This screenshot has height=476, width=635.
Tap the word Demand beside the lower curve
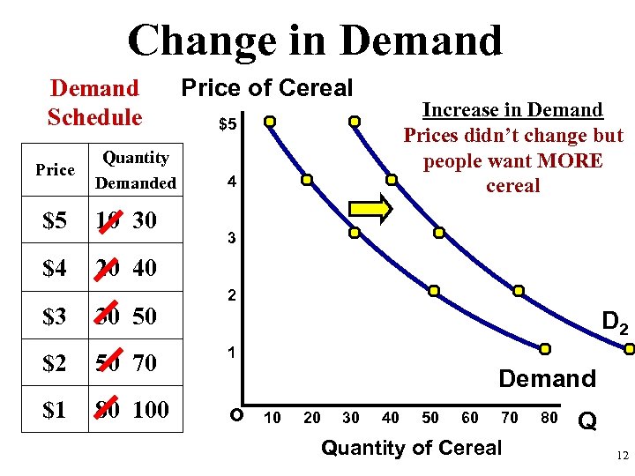click(547, 378)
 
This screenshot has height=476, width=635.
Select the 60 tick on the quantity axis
click(470, 417)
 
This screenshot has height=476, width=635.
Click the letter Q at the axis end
click(587, 422)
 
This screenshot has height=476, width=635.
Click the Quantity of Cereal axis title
click(411, 448)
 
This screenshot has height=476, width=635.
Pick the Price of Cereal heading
click(266, 88)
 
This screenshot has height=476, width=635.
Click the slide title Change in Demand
click(315, 40)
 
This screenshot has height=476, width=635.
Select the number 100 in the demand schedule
click(151, 410)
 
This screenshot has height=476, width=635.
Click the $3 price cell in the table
click(55, 316)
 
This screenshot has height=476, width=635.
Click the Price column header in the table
click(55, 170)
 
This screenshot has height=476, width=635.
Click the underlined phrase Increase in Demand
click(512, 110)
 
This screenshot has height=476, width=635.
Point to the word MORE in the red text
click(571, 161)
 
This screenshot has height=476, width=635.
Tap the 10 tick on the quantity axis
click(273, 417)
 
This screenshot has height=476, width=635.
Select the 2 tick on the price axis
click(230, 296)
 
